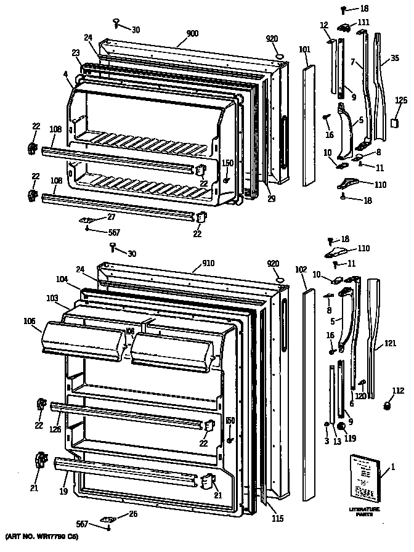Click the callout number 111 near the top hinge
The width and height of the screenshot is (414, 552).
pyautogui.click(x=363, y=22)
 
